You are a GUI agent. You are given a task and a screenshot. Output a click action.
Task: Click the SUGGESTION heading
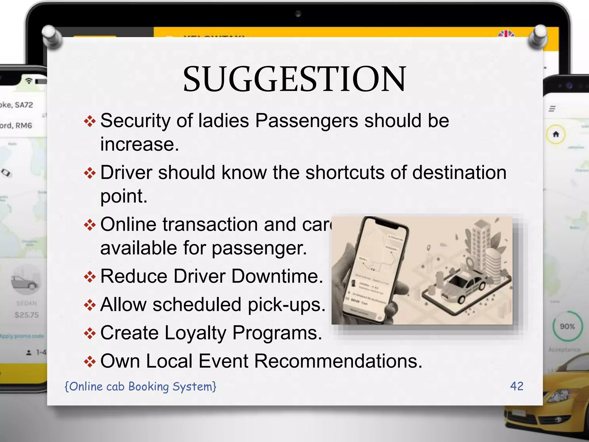pos(294,79)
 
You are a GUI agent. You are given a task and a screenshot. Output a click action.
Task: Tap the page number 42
pos(517,386)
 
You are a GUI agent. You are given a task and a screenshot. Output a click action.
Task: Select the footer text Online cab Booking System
pos(140,386)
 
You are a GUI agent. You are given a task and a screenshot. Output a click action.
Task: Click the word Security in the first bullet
pos(135,121)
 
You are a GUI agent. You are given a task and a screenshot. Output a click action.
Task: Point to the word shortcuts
pos(345,173)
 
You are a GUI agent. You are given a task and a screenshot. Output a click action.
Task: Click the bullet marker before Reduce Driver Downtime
pos(90,277)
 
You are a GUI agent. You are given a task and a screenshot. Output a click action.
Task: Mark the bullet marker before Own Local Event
pos(90,361)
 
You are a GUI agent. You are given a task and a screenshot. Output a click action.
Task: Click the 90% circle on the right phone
pos(567,326)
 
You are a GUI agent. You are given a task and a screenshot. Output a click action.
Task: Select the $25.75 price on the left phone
pos(26,315)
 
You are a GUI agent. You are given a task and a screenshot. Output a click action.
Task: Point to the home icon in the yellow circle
pos(556,134)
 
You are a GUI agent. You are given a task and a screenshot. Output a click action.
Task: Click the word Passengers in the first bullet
pos(307,121)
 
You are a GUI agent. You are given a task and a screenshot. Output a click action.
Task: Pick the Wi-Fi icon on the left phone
pos(29,81)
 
